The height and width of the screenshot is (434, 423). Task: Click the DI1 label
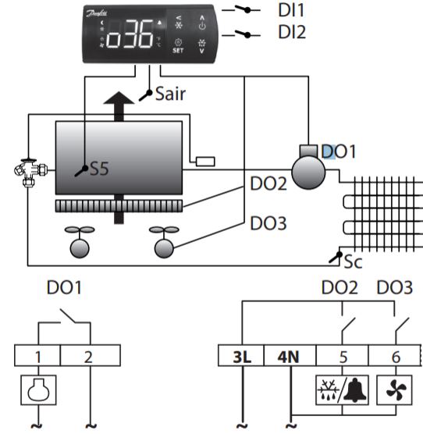(x=291, y=10)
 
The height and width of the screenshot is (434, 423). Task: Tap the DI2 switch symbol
(x=241, y=34)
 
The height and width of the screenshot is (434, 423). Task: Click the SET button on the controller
(x=178, y=46)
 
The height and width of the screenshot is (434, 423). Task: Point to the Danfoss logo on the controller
(x=97, y=13)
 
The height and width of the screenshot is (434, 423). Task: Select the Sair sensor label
(x=170, y=94)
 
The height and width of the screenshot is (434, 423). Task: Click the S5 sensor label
(x=99, y=169)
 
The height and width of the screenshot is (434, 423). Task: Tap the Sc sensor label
(x=353, y=261)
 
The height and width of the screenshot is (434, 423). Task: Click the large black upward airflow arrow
(x=119, y=106)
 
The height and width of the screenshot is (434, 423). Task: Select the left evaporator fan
(x=80, y=242)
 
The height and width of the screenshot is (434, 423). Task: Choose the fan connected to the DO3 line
(x=164, y=242)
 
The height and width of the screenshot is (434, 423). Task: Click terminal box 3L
(x=241, y=356)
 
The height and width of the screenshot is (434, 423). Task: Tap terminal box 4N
(x=290, y=356)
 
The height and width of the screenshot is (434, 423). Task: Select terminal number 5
(x=343, y=357)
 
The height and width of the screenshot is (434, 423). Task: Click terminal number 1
(x=38, y=357)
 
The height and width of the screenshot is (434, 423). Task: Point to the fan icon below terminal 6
(x=394, y=390)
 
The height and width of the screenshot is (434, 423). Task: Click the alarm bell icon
(x=355, y=390)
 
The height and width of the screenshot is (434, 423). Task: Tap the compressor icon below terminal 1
(x=38, y=390)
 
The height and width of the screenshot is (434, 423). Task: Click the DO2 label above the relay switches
(x=339, y=287)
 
